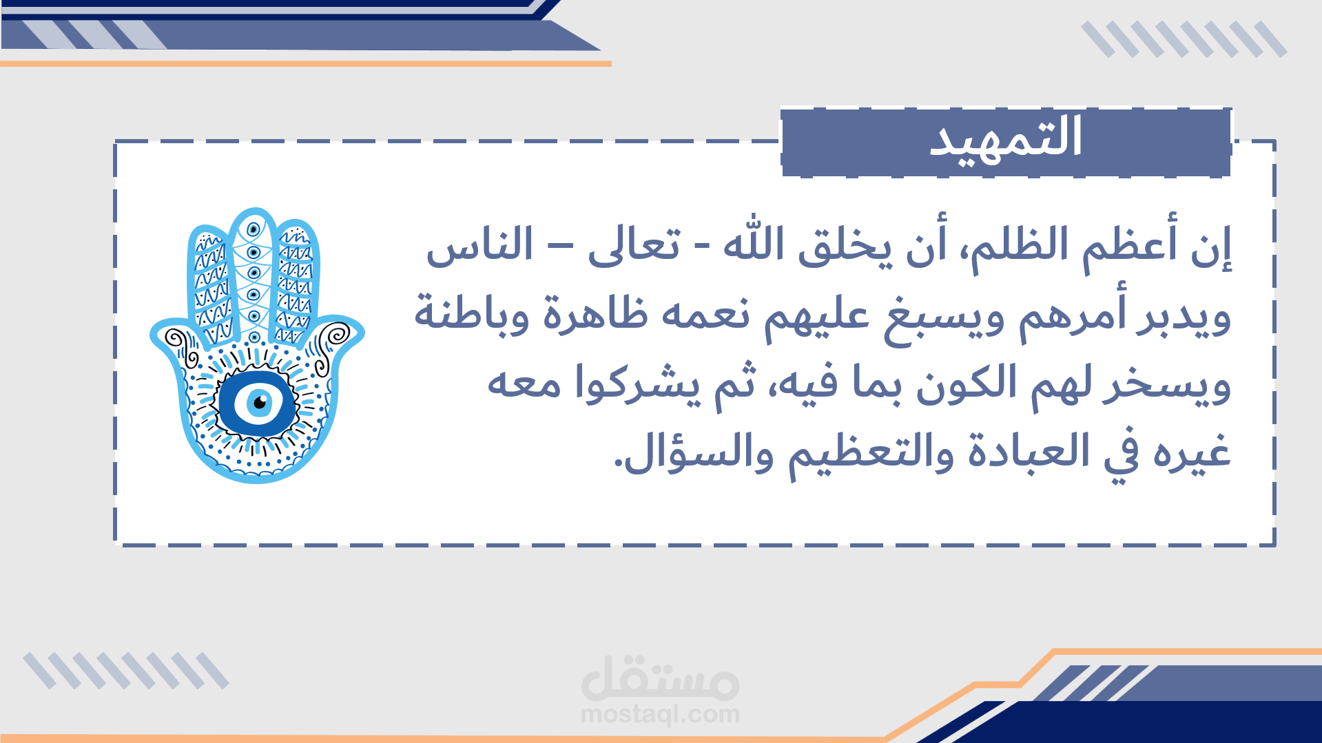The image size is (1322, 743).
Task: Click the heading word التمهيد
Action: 1005,137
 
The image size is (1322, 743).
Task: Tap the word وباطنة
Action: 472,314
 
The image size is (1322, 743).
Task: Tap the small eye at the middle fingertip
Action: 254,229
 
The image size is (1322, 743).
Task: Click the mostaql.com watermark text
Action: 661,715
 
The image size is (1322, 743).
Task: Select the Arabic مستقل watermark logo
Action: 661,678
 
